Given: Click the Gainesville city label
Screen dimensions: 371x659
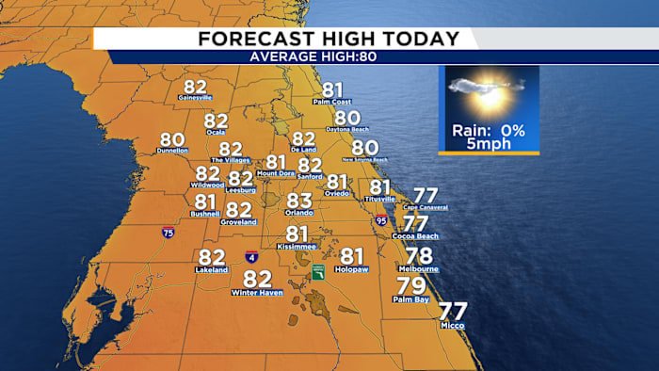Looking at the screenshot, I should pyautogui.click(x=195, y=97).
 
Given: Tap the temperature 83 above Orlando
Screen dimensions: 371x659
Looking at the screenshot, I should pyautogui.click(x=298, y=201).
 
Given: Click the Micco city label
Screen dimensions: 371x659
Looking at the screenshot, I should pyautogui.click(x=452, y=325).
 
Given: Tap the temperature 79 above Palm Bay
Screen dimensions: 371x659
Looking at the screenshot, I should pyautogui.click(x=411, y=285).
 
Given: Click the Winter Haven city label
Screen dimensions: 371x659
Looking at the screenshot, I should pyautogui.click(x=257, y=294).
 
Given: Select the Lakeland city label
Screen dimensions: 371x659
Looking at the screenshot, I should pyautogui.click(x=212, y=270).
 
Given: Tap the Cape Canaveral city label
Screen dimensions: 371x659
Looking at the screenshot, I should pyautogui.click(x=426, y=207).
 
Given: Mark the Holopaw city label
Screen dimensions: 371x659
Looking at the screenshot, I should pyautogui.click(x=351, y=269).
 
